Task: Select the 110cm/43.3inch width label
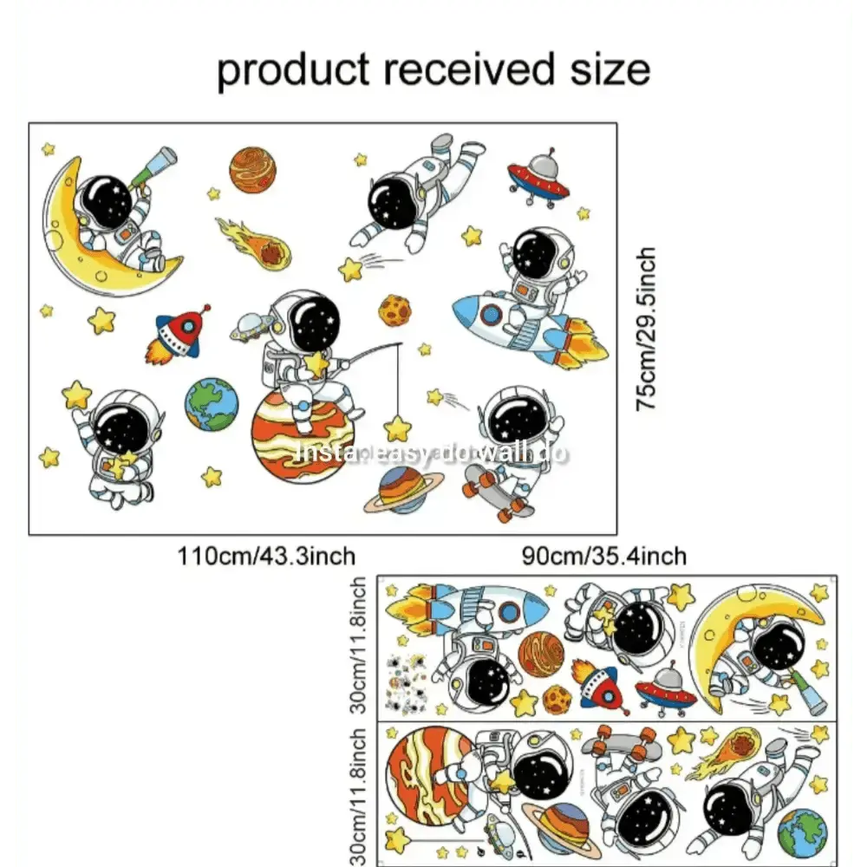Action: coord(266,555)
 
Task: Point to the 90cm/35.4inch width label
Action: coord(604,555)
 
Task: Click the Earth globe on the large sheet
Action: coord(211,404)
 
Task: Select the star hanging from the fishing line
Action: coord(398,427)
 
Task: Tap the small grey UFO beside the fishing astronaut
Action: coord(249,327)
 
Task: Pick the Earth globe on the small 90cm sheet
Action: coord(802,832)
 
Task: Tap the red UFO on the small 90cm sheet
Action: coord(665,689)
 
